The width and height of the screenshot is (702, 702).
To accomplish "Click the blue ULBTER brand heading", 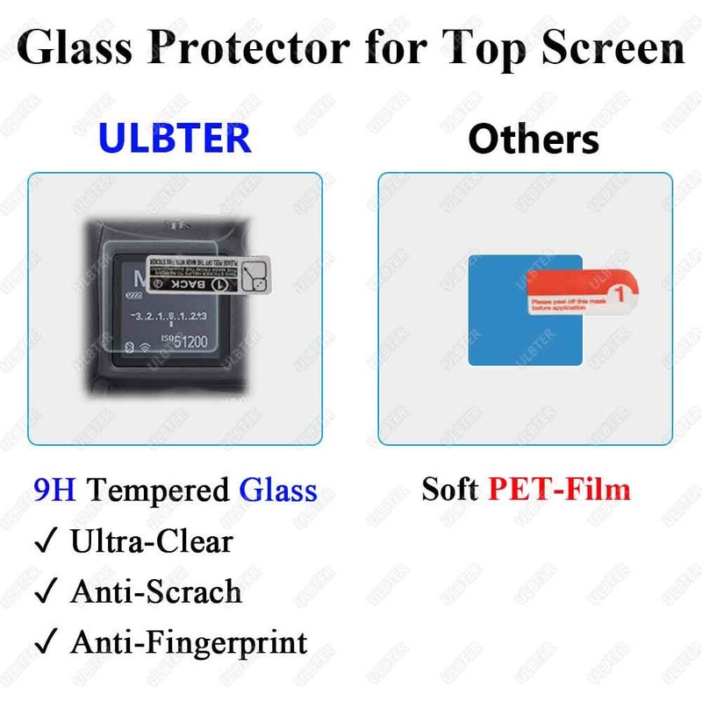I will pyautogui.click(x=175, y=138).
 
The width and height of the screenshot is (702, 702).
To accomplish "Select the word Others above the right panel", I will pyautogui.click(x=533, y=139).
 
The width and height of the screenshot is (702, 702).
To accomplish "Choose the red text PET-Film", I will pyautogui.click(x=559, y=488).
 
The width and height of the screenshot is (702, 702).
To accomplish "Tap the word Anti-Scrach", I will pyautogui.click(x=156, y=592).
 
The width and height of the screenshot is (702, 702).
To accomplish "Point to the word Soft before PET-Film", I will pyautogui.click(x=450, y=488).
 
